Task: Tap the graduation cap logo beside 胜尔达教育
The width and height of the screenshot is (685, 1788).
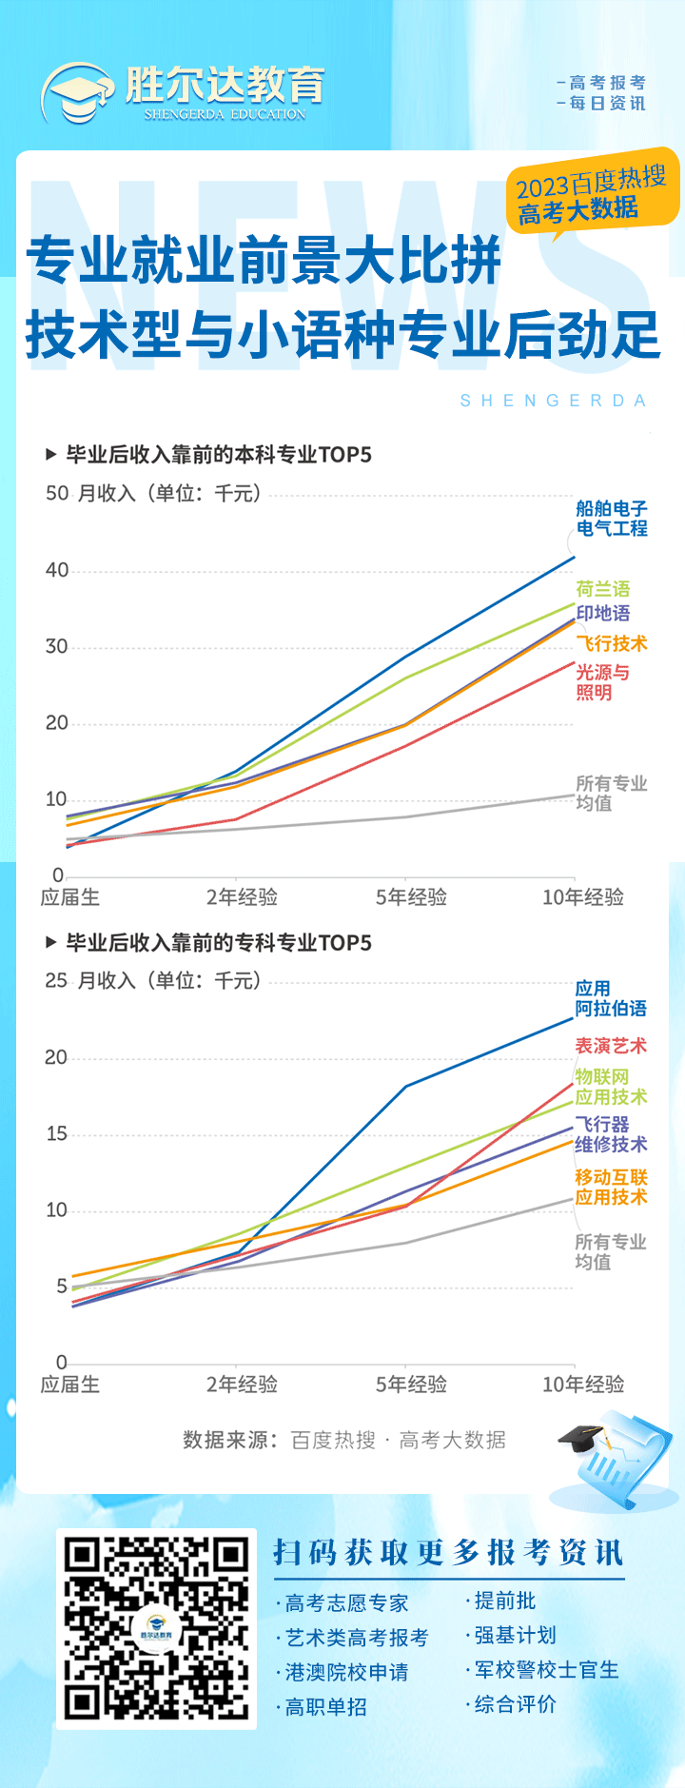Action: (x=77, y=93)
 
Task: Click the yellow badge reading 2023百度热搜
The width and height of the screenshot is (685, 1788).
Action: (x=592, y=193)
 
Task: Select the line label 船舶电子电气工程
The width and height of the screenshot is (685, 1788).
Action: (x=611, y=519)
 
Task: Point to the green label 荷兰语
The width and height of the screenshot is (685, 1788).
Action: (x=602, y=589)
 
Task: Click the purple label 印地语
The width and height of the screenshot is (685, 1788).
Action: (x=602, y=614)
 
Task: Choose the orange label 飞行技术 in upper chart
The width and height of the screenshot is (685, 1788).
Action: (x=611, y=644)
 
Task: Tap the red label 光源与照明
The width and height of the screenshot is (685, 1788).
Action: (x=601, y=682)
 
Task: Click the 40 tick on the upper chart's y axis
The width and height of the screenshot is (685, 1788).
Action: (x=57, y=570)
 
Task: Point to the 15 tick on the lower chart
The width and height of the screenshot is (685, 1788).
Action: (x=57, y=1133)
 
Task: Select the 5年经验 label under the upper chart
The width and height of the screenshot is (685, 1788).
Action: (x=411, y=897)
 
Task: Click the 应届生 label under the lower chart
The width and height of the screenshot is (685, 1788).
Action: (x=69, y=1385)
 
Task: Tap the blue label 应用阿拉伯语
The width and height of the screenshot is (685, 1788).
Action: (x=610, y=998)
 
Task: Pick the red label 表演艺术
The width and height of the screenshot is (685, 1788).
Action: (x=610, y=1046)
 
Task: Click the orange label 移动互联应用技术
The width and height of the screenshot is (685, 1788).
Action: (x=610, y=1187)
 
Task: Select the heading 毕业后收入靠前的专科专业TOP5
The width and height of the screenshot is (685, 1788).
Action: (x=218, y=943)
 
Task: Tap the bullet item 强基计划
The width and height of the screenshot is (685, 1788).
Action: (x=515, y=1635)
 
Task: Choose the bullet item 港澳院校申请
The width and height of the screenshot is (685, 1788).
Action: (x=346, y=1672)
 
